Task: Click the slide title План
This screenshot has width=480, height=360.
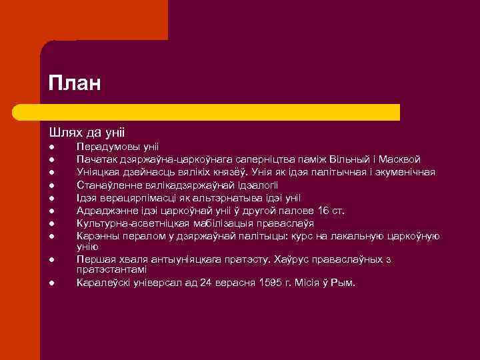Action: [x=74, y=85]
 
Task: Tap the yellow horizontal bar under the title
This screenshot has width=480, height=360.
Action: [x=220, y=112]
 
